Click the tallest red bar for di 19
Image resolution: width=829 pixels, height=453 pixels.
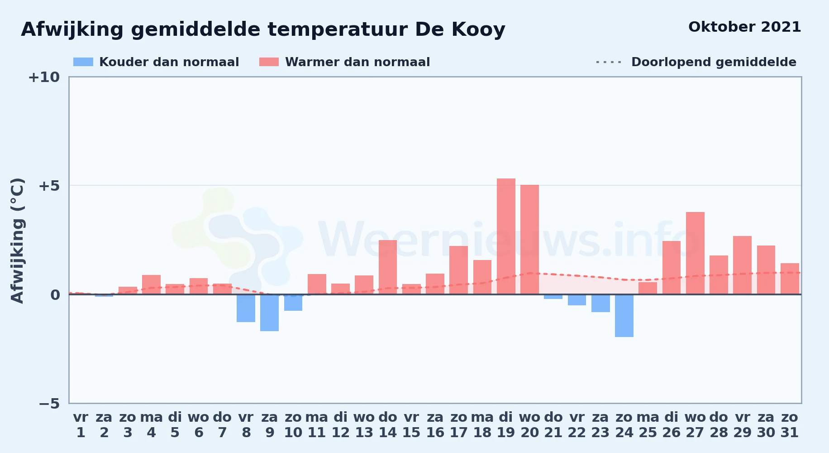pyautogui.click(x=506, y=236)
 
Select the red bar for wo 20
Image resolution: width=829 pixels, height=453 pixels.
pyautogui.click(x=529, y=240)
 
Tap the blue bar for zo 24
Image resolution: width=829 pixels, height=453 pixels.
pyautogui.click(x=624, y=316)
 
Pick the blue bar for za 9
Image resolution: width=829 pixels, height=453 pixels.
pyautogui.click(x=269, y=313)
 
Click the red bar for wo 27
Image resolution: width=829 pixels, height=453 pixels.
pyautogui.click(x=695, y=253)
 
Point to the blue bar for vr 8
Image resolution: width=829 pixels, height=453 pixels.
pyautogui.click(x=246, y=308)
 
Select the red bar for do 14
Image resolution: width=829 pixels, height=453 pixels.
pyautogui.click(x=388, y=267)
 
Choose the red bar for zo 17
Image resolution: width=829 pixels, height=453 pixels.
pyautogui.click(x=458, y=270)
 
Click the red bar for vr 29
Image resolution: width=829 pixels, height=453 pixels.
pyautogui.click(x=742, y=265)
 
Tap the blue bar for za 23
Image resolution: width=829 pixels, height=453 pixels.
pyautogui.click(x=600, y=304)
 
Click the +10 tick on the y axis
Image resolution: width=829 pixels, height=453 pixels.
pyautogui.click(x=44, y=77)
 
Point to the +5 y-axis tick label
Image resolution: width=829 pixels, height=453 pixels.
pyautogui.click(x=49, y=186)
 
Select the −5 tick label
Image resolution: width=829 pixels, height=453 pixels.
pyautogui.click(x=49, y=403)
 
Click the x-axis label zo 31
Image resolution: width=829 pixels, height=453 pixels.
pyautogui.click(x=790, y=425)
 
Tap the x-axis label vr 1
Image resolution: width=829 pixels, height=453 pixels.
pyautogui.click(x=81, y=425)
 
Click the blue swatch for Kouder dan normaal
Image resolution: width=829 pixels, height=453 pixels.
pyautogui.click(x=83, y=62)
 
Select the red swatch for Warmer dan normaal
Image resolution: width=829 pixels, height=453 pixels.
pyautogui.click(x=269, y=62)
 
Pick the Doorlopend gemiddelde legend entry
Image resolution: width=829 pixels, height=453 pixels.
pyautogui.click(x=696, y=62)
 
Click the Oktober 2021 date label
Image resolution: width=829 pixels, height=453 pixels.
pyautogui.click(x=745, y=27)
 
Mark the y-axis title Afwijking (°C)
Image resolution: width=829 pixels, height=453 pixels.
pyautogui.click(x=17, y=241)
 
